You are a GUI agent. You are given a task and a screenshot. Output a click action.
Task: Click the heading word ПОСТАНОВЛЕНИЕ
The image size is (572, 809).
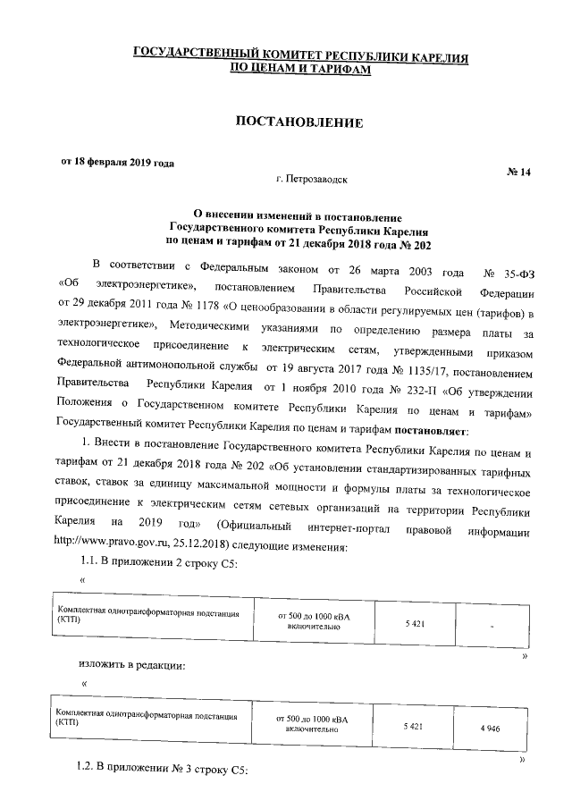coord(299,122)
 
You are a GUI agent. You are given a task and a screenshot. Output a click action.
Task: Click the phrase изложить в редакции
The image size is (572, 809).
coord(130,667)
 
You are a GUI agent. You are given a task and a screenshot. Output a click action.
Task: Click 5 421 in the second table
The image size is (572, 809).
coord(413,727)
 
